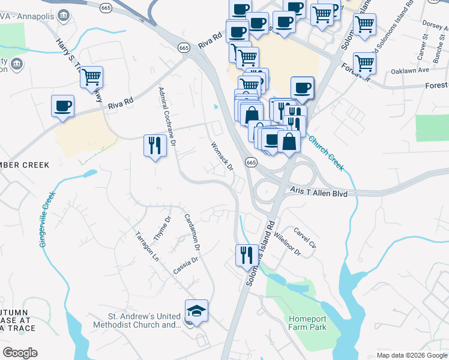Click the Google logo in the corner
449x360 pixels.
[x=20, y=352]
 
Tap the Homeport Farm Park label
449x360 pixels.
[x=307, y=323]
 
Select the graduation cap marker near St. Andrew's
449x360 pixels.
[x=196, y=311]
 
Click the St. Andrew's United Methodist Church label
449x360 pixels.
[x=136, y=320]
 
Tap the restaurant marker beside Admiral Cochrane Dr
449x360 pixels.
[x=155, y=146]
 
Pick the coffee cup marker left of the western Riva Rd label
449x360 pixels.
[x=62, y=106]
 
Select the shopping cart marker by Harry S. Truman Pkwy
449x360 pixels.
[x=91, y=77]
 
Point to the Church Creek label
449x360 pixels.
[x=327, y=152]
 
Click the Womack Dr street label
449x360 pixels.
[x=221, y=155]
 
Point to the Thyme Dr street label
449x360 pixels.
[x=163, y=229]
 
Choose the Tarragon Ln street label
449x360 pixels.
[x=146, y=246]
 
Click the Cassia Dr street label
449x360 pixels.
[x=185, y=263]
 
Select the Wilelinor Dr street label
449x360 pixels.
[x=287, y=245]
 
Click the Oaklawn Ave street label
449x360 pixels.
[x=412, y=70]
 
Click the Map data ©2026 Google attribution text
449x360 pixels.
[x=411, y=355]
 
